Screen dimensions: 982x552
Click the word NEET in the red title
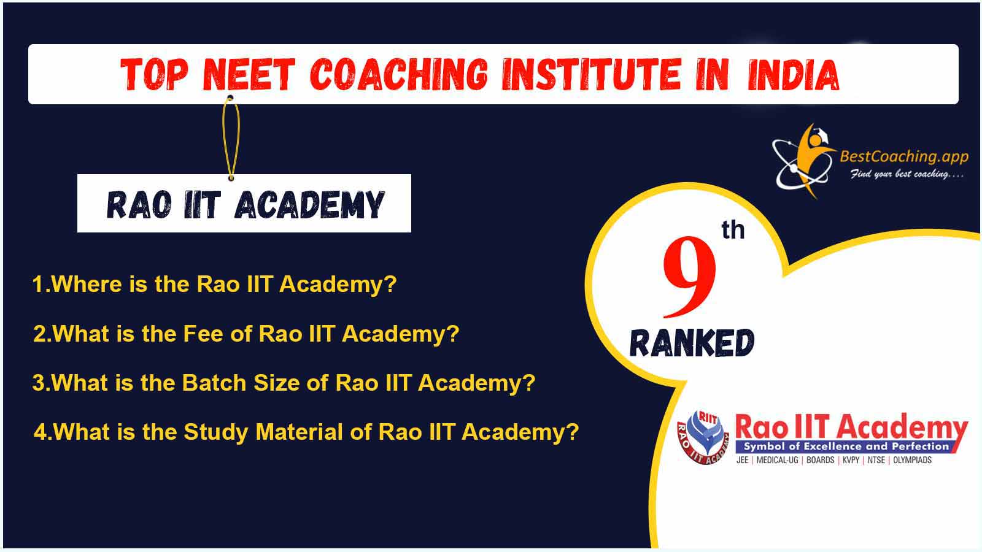pyautogui.click(x=249, y=74)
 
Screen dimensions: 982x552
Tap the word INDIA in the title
pyautogui.click(x=793, y=74)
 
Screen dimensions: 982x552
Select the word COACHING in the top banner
pyautogui.click(x=399, y=74)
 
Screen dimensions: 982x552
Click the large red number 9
pyautogui.click(x=689, y=277)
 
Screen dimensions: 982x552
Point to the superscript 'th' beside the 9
pyautogui.click(x=733, y=230)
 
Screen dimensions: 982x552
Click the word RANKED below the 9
pyautogui.click(x=692, y=343)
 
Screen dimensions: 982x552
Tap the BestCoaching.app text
pyautogui.click(x=904, y=156)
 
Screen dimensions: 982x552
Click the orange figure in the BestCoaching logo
pyautogui.click(x=813, y=160)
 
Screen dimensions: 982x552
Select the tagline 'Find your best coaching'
pyautogui.click(x=907, y=174)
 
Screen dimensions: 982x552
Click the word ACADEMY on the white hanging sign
pyautogui.click(x=309, y=205)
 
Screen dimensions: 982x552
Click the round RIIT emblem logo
pyautogui.click(x=703, y=437)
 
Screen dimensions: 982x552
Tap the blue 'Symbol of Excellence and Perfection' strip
pyautogui.click(x=846, y=447)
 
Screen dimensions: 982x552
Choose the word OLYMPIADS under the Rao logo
pyautogui.click(x=912, y=460)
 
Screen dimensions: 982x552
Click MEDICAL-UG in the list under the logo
pyautogui.click(x=777, y=460)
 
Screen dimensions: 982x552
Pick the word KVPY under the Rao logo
pyautogui.click(x=851, y=460)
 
